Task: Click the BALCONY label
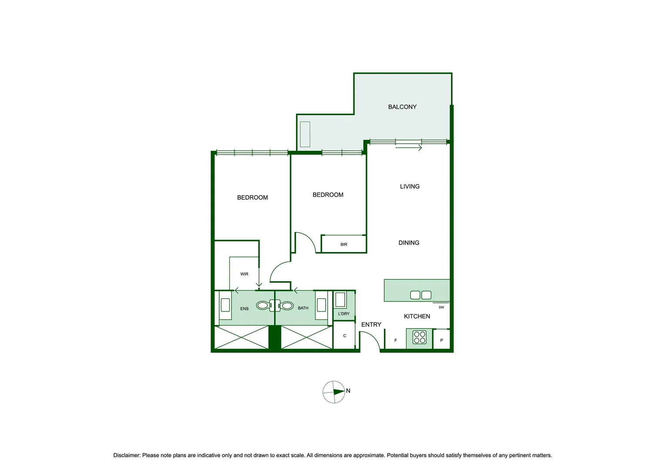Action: pyautogui.click(x=402, y=107)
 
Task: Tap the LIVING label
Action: pyautogui.click(x=410, y=186)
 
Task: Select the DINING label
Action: pyautogui.click(x=409, y=243)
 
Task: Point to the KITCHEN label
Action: pyautogui.click(x=417, y=316)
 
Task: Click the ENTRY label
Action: pyautogui.click(x=371, y=325)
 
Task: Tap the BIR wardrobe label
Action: pyautogui.click(x=344, y=245)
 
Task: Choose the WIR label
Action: pyautogui.click(x=244, y=274)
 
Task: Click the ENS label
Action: pyautogui.click(x=244, y=309)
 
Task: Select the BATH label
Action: pyautogui.click(x=303, y=308)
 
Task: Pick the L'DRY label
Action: pyautogui.click(x=344, y=314)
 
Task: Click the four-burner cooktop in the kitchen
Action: pyautogui.click(x=420, y=338)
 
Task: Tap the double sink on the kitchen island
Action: pyautogui.click(x=421, y=295)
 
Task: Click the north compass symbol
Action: pyautogui.click(x=334, y=392)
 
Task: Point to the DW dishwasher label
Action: pyautogui.click(x=441, y=307)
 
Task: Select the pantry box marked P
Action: pyautogui.click(x=441, y=340)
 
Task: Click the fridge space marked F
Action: pyautogui.click(x=395, y=340)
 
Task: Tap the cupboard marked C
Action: pyautogui.click(x=344, y=336)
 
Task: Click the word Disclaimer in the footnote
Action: pyautogui.click(x=126, y=455)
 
